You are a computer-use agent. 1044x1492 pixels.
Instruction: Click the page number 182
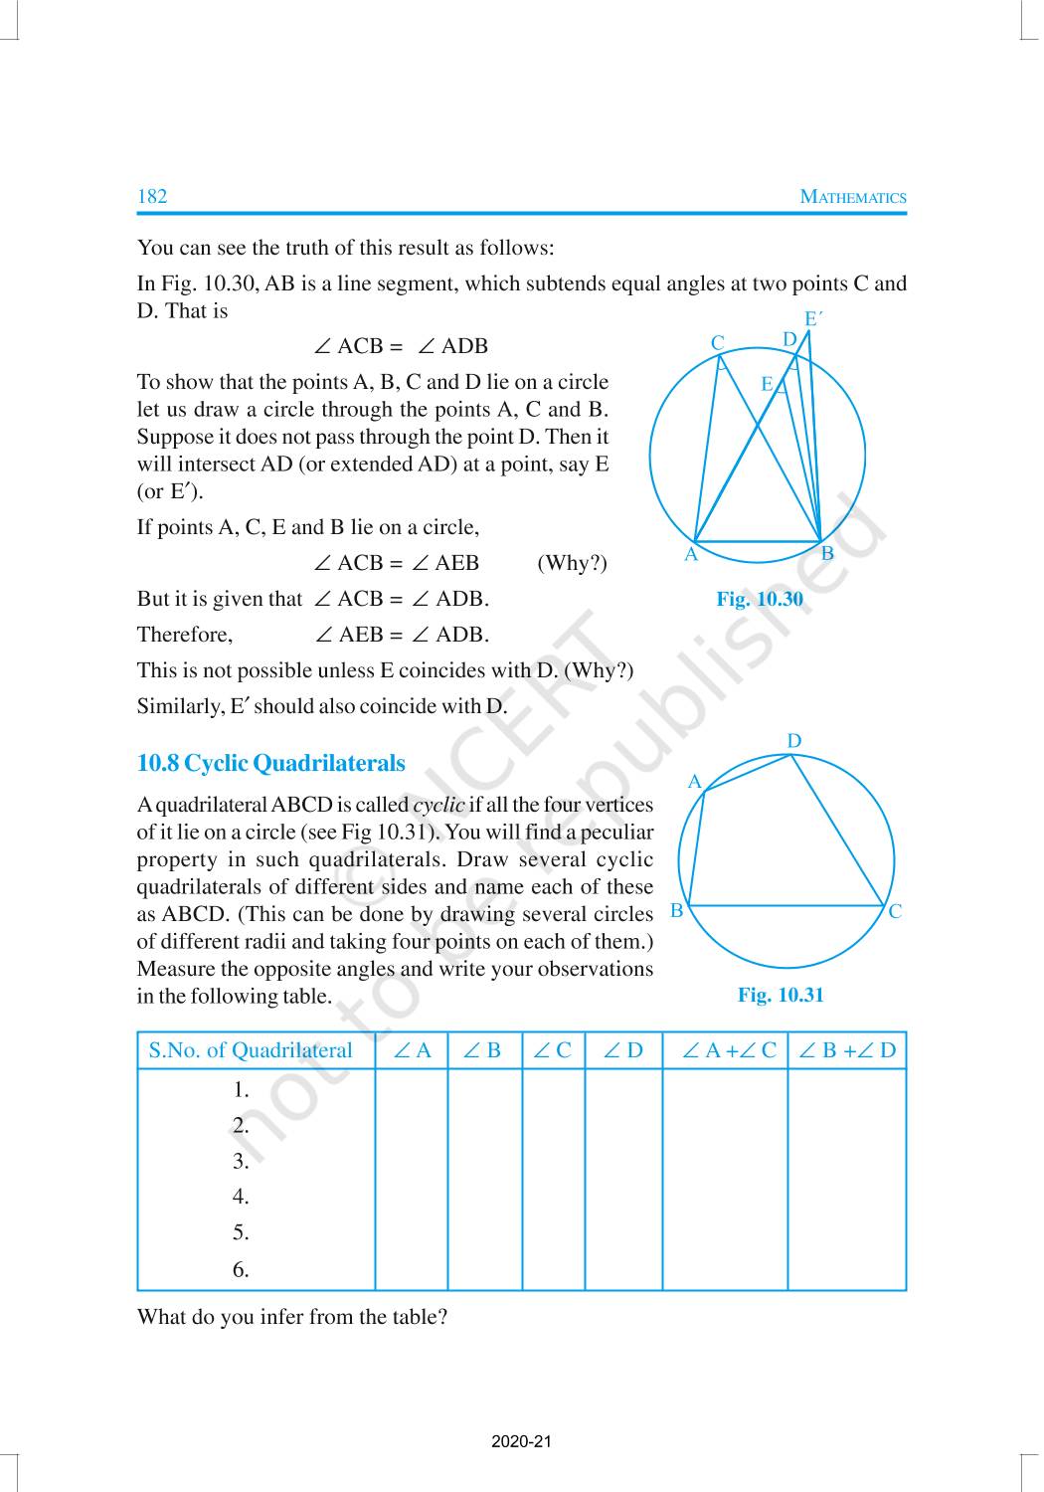coord(152,196)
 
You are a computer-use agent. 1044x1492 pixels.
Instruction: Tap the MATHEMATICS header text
coord(853,197)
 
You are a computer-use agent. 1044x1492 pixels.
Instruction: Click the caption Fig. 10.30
coord(760,599)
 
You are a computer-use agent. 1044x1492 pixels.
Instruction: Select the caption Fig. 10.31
coord(781,995)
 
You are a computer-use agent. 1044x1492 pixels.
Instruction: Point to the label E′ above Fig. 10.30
coord(814,319)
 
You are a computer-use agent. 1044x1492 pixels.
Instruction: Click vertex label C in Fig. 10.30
coord(718,343)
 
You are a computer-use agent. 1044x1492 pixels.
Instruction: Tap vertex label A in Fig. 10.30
coord(691,555)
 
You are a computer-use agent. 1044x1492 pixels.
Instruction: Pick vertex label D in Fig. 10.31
coord(793,741)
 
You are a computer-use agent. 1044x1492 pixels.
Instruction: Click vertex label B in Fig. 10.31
coord(676,910)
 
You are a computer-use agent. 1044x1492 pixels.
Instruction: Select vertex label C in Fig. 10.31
coord(895,911)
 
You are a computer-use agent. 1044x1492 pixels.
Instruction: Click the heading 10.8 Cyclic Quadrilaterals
coord(270,763)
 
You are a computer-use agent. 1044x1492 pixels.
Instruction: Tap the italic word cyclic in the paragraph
coord(438,805)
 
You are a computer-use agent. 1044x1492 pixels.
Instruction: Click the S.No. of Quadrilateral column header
coord(251,1050)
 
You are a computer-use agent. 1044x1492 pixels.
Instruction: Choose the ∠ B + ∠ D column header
coord(847,1050)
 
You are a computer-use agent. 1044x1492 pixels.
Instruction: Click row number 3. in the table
coord(241,1161)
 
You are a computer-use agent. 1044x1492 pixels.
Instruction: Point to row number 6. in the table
coord(241,1269)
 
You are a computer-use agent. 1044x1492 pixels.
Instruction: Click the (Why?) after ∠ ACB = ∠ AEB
coord(572,563)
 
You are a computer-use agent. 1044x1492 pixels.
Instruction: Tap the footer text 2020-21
coord(521,1441)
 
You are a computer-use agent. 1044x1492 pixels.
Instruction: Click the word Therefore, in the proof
coord(185,635)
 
